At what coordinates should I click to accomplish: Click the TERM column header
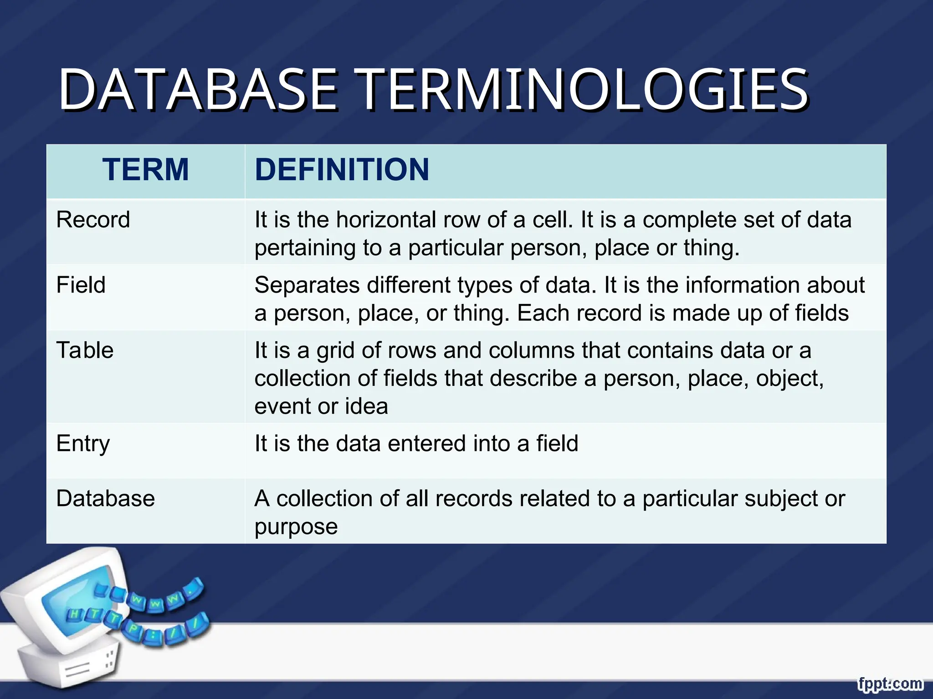(x=145, y=169)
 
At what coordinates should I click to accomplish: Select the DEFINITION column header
(x=342, y=169)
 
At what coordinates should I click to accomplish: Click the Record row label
(x=93, y=220)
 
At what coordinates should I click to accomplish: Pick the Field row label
(x=81, y=285)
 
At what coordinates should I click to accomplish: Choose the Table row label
(x=85, y=350)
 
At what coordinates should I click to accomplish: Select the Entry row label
(x=83, y=444)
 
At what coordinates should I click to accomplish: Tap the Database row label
(x=105, y=499)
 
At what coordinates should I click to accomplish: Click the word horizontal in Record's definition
(x=386, y=220)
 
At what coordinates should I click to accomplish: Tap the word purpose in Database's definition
(x=296, y=527)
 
